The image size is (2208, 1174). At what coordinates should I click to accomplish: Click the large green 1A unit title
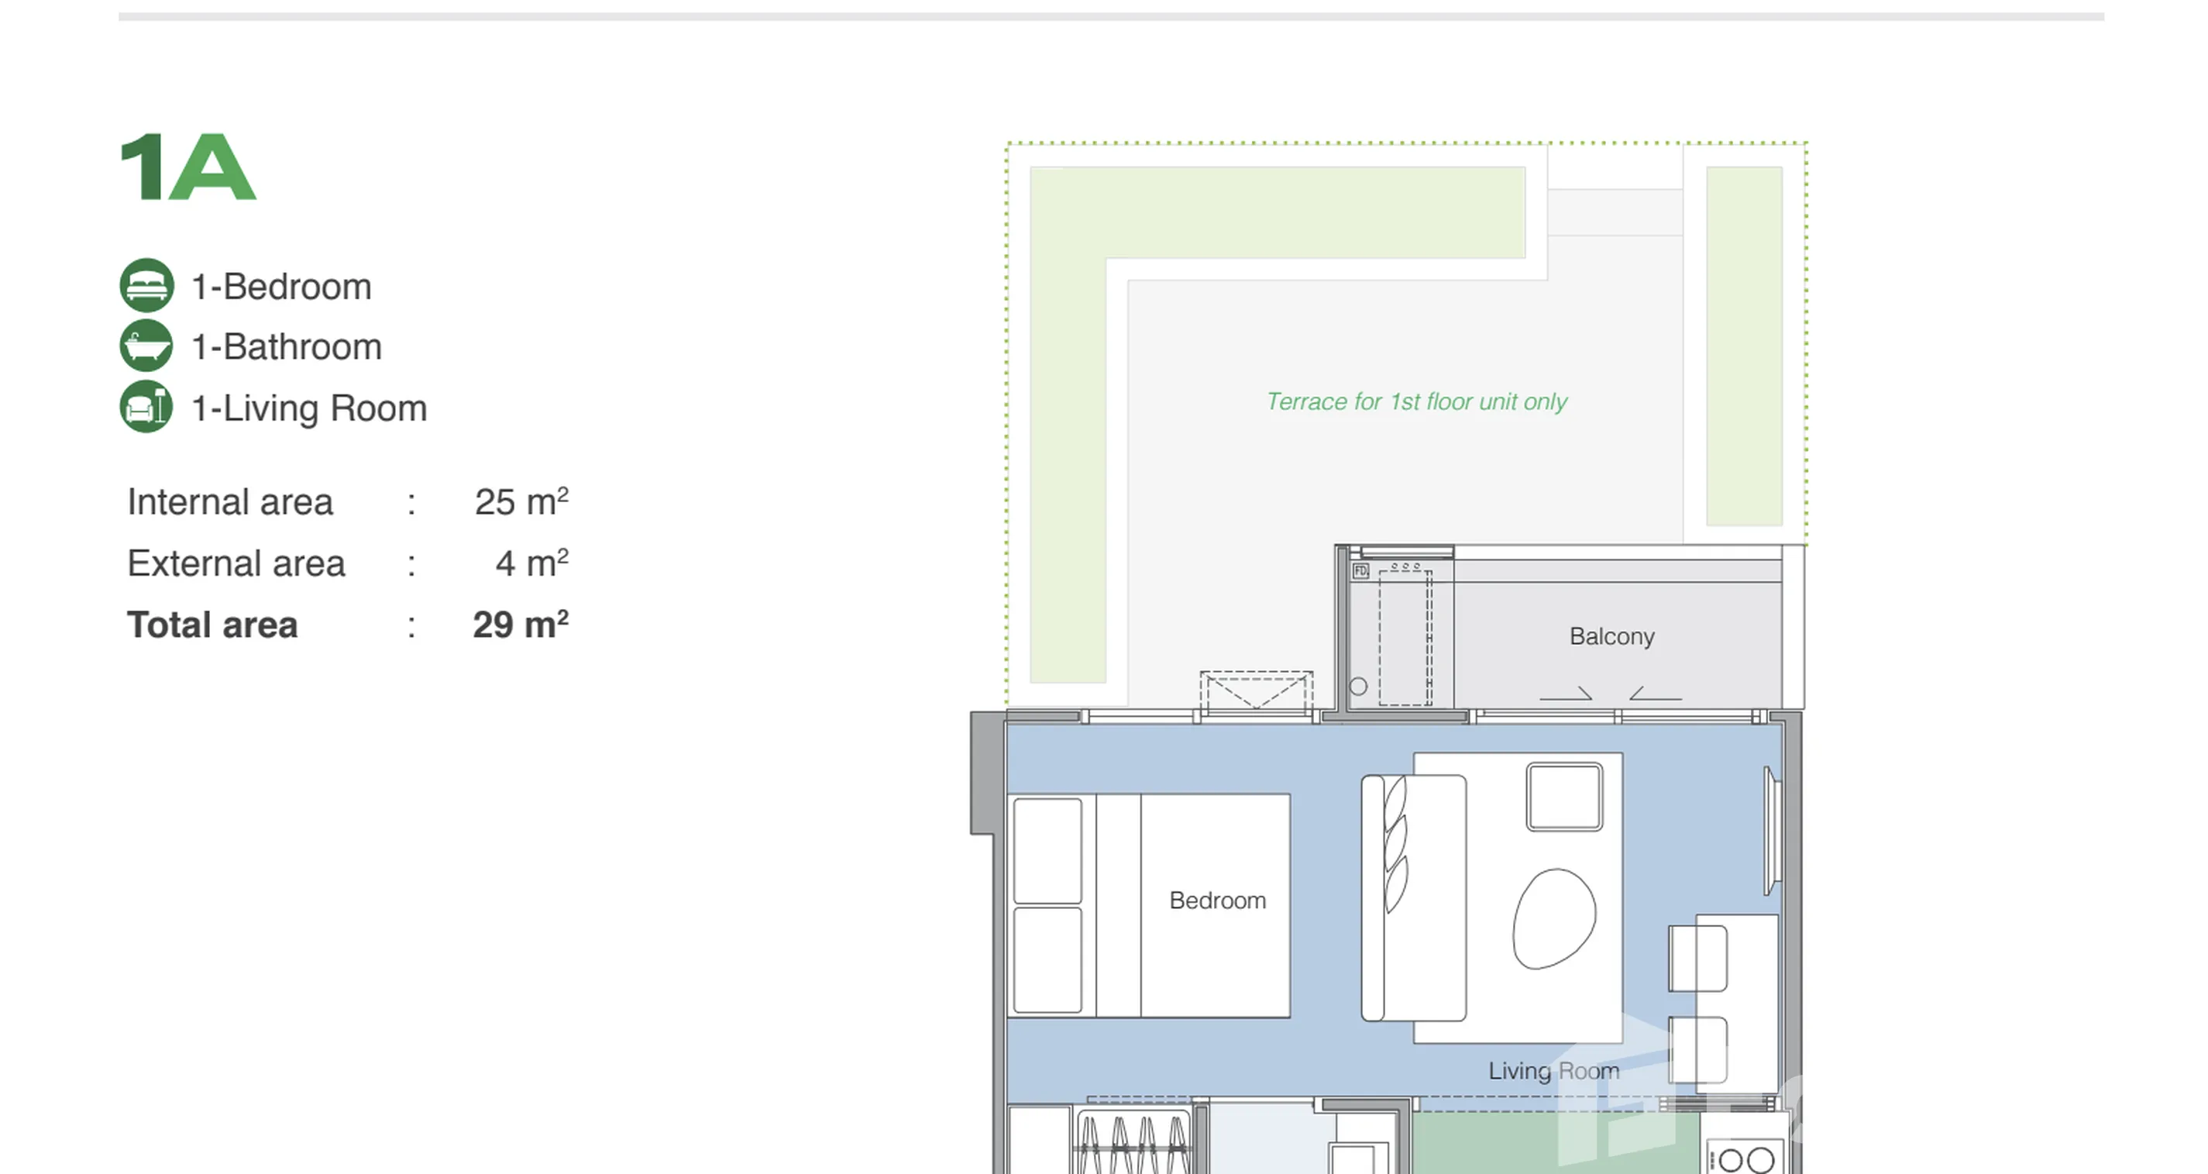(x=187, y=167)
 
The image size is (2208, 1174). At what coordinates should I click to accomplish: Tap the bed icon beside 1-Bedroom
(x=146, y=286)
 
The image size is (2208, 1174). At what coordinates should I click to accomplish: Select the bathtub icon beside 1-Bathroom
(x=146, y=346)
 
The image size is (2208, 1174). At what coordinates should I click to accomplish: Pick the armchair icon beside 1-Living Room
(x=146, y=408)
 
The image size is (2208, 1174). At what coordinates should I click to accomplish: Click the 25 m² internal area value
(x=521, y=501)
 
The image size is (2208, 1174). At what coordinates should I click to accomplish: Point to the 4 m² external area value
(x=531, y=563)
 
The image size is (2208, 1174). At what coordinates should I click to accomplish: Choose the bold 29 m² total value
(x=521, y=625)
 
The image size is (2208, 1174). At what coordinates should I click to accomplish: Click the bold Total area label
(x=212, y=625)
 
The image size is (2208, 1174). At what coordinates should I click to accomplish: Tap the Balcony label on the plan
(x=1611, y=636)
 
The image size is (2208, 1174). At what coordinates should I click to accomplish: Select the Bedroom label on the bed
(x=1217, y=900)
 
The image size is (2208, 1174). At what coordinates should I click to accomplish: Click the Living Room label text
(x=1553, y=1071)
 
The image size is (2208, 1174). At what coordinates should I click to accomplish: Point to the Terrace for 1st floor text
(x=1416, y=401)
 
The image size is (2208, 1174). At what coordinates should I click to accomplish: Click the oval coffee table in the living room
(x=1554, y=918)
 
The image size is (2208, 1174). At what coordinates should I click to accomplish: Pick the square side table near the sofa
(x=1564, y=797)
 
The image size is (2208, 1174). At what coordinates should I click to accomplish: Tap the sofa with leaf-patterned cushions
(x=1413, y=898)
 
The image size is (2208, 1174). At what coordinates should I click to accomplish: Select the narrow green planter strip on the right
(x=1744, y=346)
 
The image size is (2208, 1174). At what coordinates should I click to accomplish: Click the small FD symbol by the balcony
(x=1360, y=571)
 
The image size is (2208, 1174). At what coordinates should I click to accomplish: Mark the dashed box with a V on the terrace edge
(x=1256, y=691)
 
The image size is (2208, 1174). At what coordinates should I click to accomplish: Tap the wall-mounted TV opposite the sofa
(x=1771, y=831)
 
